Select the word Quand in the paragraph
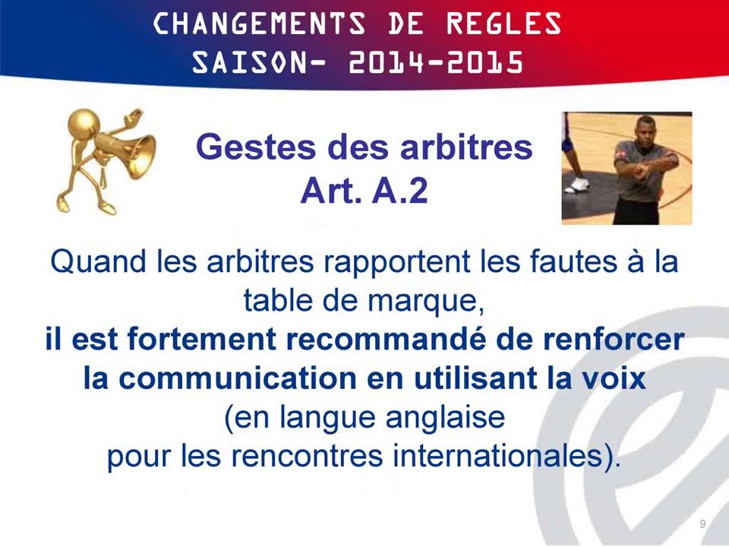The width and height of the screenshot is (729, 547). point(96,263)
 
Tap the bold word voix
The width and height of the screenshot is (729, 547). point(615,378)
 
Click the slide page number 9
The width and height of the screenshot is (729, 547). point(702,524)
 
